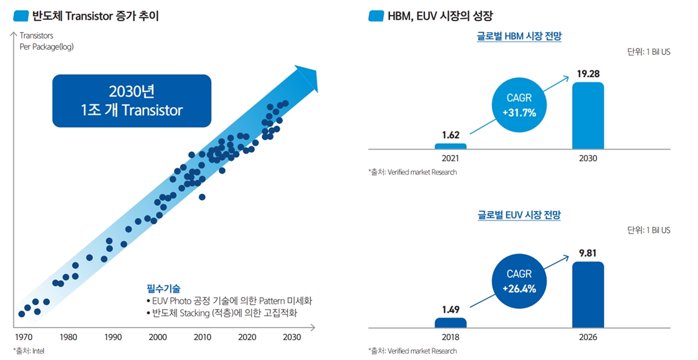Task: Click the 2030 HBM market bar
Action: pos(588,116)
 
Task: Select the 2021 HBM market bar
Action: pos(450,146)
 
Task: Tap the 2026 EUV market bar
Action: pos(588,295)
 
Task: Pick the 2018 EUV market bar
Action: pos(450,323)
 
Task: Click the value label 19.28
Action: pos(588,74)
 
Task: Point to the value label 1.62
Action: pos(450,135)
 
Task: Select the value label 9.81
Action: pos(588,253)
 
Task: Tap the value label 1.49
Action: pos(450,309)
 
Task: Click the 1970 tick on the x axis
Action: pos(23,338)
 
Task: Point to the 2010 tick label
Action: pos(202,338)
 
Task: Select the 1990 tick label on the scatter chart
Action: pos(113,338)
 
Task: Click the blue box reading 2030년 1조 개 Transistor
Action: pos(131,101)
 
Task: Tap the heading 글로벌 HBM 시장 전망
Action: pos(519,36)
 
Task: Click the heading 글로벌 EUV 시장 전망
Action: pos(519,215)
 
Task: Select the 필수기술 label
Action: pos(163,288)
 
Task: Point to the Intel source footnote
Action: pos(29,351)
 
